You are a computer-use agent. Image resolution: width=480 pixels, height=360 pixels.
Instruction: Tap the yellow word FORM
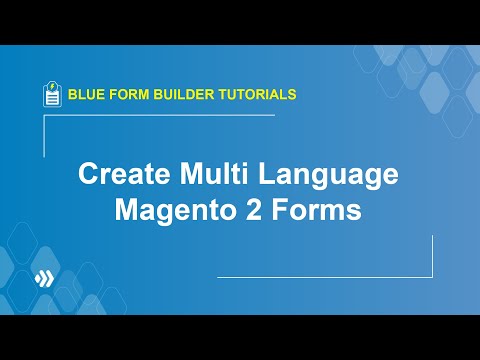tap(130, 95)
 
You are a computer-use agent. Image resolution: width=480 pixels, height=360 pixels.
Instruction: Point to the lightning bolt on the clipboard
tap(52, 88)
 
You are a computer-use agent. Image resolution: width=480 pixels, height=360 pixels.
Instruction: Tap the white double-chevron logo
tap(42, 277)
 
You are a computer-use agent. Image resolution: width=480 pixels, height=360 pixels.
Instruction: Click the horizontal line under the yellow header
tap(160, 115)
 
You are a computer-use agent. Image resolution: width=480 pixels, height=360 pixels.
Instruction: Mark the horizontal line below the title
tap(325, 276)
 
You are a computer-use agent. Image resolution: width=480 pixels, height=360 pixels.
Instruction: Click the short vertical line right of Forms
tap(432, 256)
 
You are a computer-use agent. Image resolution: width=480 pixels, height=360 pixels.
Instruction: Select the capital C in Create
tap(88, 176)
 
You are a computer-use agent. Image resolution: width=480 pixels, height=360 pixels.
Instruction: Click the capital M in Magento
tap(127, 212)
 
